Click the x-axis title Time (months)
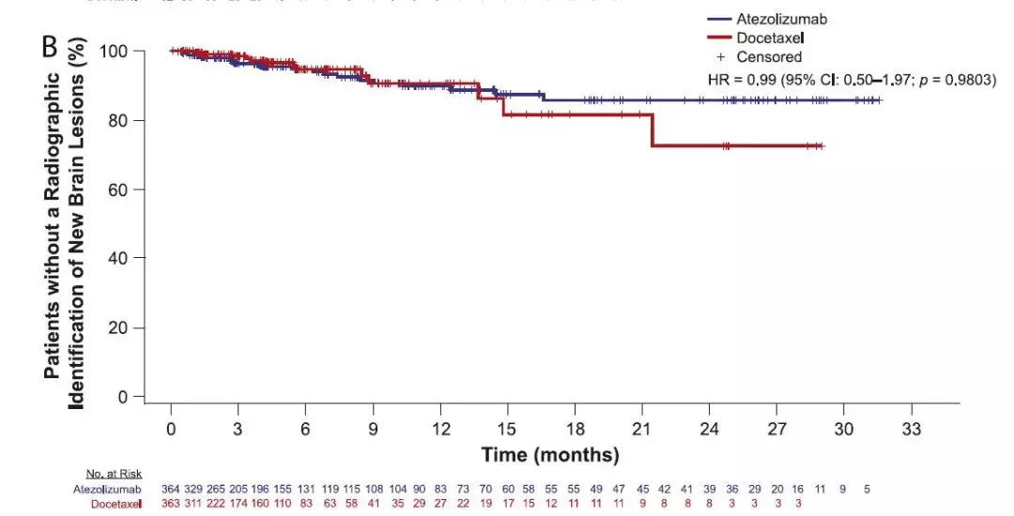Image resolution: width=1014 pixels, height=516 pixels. pyautogui.click(x=550, y=455)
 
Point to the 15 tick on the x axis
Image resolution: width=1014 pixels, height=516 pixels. pyautogui.click(x=507, y=428)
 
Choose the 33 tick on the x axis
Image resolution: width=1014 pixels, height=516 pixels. pyautogui.click(x=911, y=428)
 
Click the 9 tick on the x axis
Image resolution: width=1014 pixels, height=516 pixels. pyautogui.click(x=373, y=428)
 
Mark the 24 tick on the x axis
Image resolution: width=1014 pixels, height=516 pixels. pyautogui.click(x=709, y=428)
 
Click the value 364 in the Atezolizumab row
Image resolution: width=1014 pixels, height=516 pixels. pyautogui.click(x=172, y=489)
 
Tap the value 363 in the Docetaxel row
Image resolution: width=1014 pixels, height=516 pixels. pyautogui.click(x=172, y=504)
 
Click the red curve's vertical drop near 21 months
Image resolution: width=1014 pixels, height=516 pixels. pyautogui.click(x=652, y=129)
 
